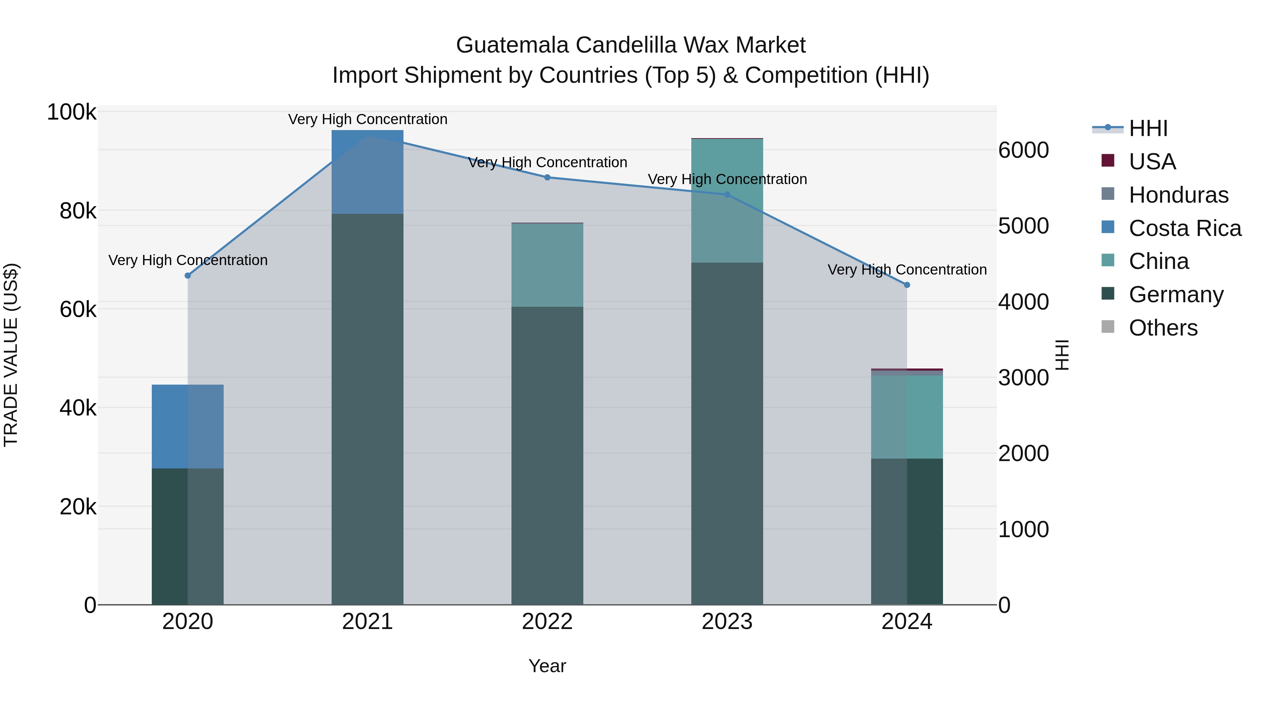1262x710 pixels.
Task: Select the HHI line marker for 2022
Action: [547, 177]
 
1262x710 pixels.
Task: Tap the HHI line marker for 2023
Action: [727, 195]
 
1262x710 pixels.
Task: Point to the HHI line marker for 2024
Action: [907, 285]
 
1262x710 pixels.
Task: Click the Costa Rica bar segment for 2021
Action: [367, 171]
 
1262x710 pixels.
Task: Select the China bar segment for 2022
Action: [547, 265]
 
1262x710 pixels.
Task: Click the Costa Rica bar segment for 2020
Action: [188, 426]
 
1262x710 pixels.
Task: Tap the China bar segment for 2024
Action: [907, 417]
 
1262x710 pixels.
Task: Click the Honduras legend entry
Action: [1178, 195]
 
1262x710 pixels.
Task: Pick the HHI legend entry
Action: [1147, 128]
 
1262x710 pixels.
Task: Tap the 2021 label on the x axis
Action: [367, 622]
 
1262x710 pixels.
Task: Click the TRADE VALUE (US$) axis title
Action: [11, 355]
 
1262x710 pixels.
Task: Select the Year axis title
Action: [547, 666]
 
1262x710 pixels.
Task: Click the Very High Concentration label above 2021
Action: [367, 119]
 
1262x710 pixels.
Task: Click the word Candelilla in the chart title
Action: [651, 45]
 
